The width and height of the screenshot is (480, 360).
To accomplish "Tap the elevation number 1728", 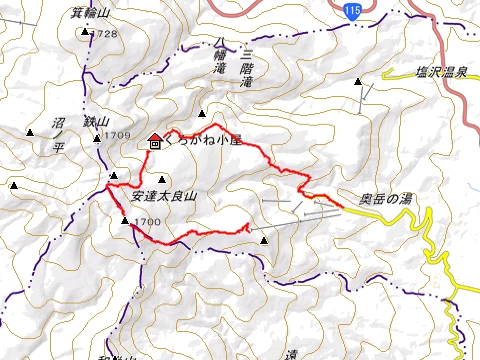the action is pos(105,34).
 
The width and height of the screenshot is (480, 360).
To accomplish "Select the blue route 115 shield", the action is pos(349,9).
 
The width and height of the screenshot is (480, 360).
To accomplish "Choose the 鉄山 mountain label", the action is pos(96,121).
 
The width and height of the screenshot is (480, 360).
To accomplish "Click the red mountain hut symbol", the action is pos(155,142).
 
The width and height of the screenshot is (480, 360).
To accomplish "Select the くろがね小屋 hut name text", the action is pos(203,142).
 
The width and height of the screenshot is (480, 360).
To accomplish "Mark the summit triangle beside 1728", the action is pos(84,32).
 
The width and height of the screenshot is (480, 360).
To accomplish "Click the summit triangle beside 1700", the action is pos(125,221).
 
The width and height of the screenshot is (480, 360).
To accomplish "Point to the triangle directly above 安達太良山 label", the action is pos(162,178).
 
